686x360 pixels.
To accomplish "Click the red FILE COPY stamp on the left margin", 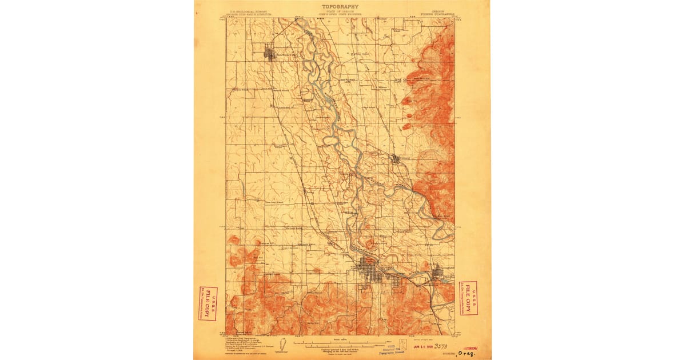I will pyautogui.click(x=208, y=303).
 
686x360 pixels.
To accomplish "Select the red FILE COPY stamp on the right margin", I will pyautogui.click(x=469, y=298).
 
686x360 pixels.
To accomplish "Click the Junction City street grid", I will pyautogui.click(x=269, y=55).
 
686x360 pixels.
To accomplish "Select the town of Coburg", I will pyautogui.click(x=396, y=159).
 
